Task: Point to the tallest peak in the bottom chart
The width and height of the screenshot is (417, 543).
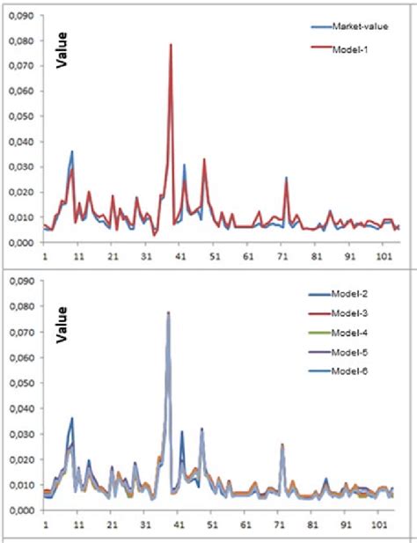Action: pos(167,312)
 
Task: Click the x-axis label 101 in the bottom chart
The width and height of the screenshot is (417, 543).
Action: pos(384,524)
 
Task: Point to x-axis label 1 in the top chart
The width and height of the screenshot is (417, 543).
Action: pos(45,258)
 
